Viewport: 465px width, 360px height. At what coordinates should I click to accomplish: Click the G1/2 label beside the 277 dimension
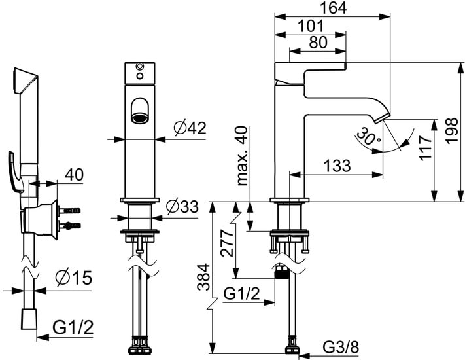pyautogui.click(x=242, y=294)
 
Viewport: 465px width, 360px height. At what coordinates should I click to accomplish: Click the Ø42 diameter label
pyautogui.click(x=190, y=128)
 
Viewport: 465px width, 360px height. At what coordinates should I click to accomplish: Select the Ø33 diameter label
pyautogui.click(x=181, y=207)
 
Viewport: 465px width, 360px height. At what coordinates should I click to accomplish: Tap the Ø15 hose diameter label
pyautogui.click(x=73, y=279)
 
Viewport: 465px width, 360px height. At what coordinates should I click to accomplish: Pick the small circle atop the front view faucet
pyautogui.click(x=139, y=68)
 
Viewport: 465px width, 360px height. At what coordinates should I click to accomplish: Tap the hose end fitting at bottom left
pyautogui.click(x=28, y=321)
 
